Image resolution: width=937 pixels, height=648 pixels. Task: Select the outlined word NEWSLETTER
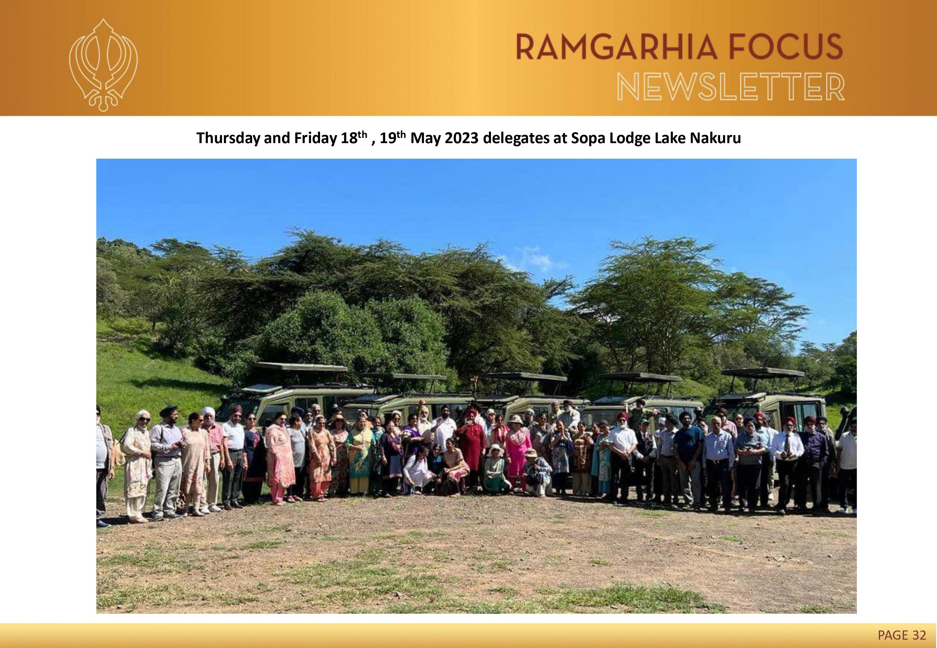click(731, 86)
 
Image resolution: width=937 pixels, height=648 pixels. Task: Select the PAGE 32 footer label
click(902, 634)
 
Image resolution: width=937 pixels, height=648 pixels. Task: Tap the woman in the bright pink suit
click(518, 451)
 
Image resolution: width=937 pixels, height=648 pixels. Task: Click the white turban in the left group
click(208, 411)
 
